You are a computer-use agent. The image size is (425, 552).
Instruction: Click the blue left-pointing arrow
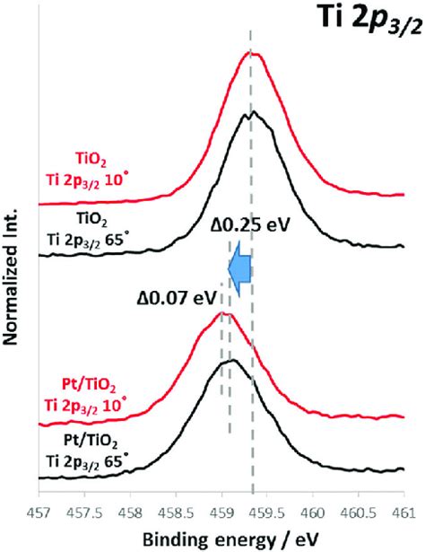239,268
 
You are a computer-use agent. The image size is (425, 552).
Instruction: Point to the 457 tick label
39,513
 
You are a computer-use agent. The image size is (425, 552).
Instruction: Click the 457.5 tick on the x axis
84,513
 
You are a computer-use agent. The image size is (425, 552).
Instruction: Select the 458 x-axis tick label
130,513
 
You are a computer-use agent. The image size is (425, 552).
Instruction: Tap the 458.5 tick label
176,513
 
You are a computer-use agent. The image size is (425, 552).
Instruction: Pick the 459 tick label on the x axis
221,513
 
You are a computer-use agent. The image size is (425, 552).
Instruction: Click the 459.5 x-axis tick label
267,513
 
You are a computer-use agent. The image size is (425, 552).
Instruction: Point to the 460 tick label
313,513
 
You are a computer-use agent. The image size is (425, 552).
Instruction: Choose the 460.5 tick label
359,513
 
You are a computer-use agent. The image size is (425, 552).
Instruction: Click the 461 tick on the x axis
404,513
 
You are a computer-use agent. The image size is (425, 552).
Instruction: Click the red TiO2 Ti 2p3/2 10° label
86,171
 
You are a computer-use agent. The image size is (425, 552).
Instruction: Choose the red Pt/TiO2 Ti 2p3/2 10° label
84,395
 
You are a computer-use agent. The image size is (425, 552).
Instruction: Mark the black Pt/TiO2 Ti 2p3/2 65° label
87,451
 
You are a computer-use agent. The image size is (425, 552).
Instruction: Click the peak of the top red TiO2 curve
252,53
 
